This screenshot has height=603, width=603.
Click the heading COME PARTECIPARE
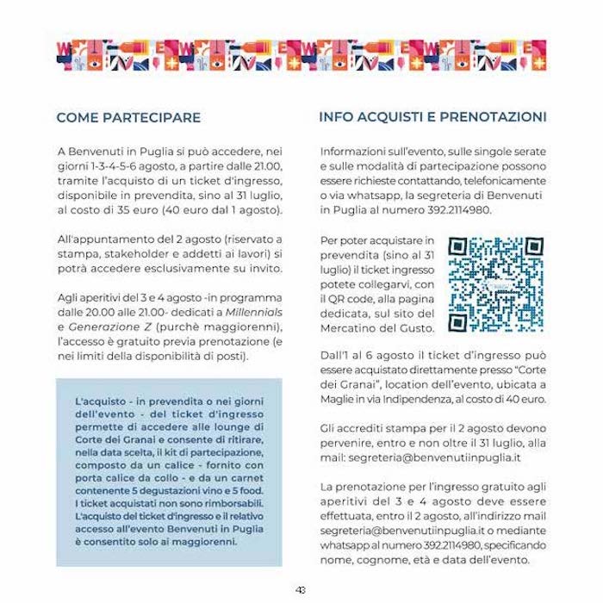pyautogui.click(x=128, y=117)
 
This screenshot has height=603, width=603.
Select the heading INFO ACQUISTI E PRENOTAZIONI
pyautogui.click(x=432, y=116)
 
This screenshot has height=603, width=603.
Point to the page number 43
pyautogui.click(x=301, y=590)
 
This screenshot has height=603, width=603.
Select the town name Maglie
pyautogui.click(x=339, y=400)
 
